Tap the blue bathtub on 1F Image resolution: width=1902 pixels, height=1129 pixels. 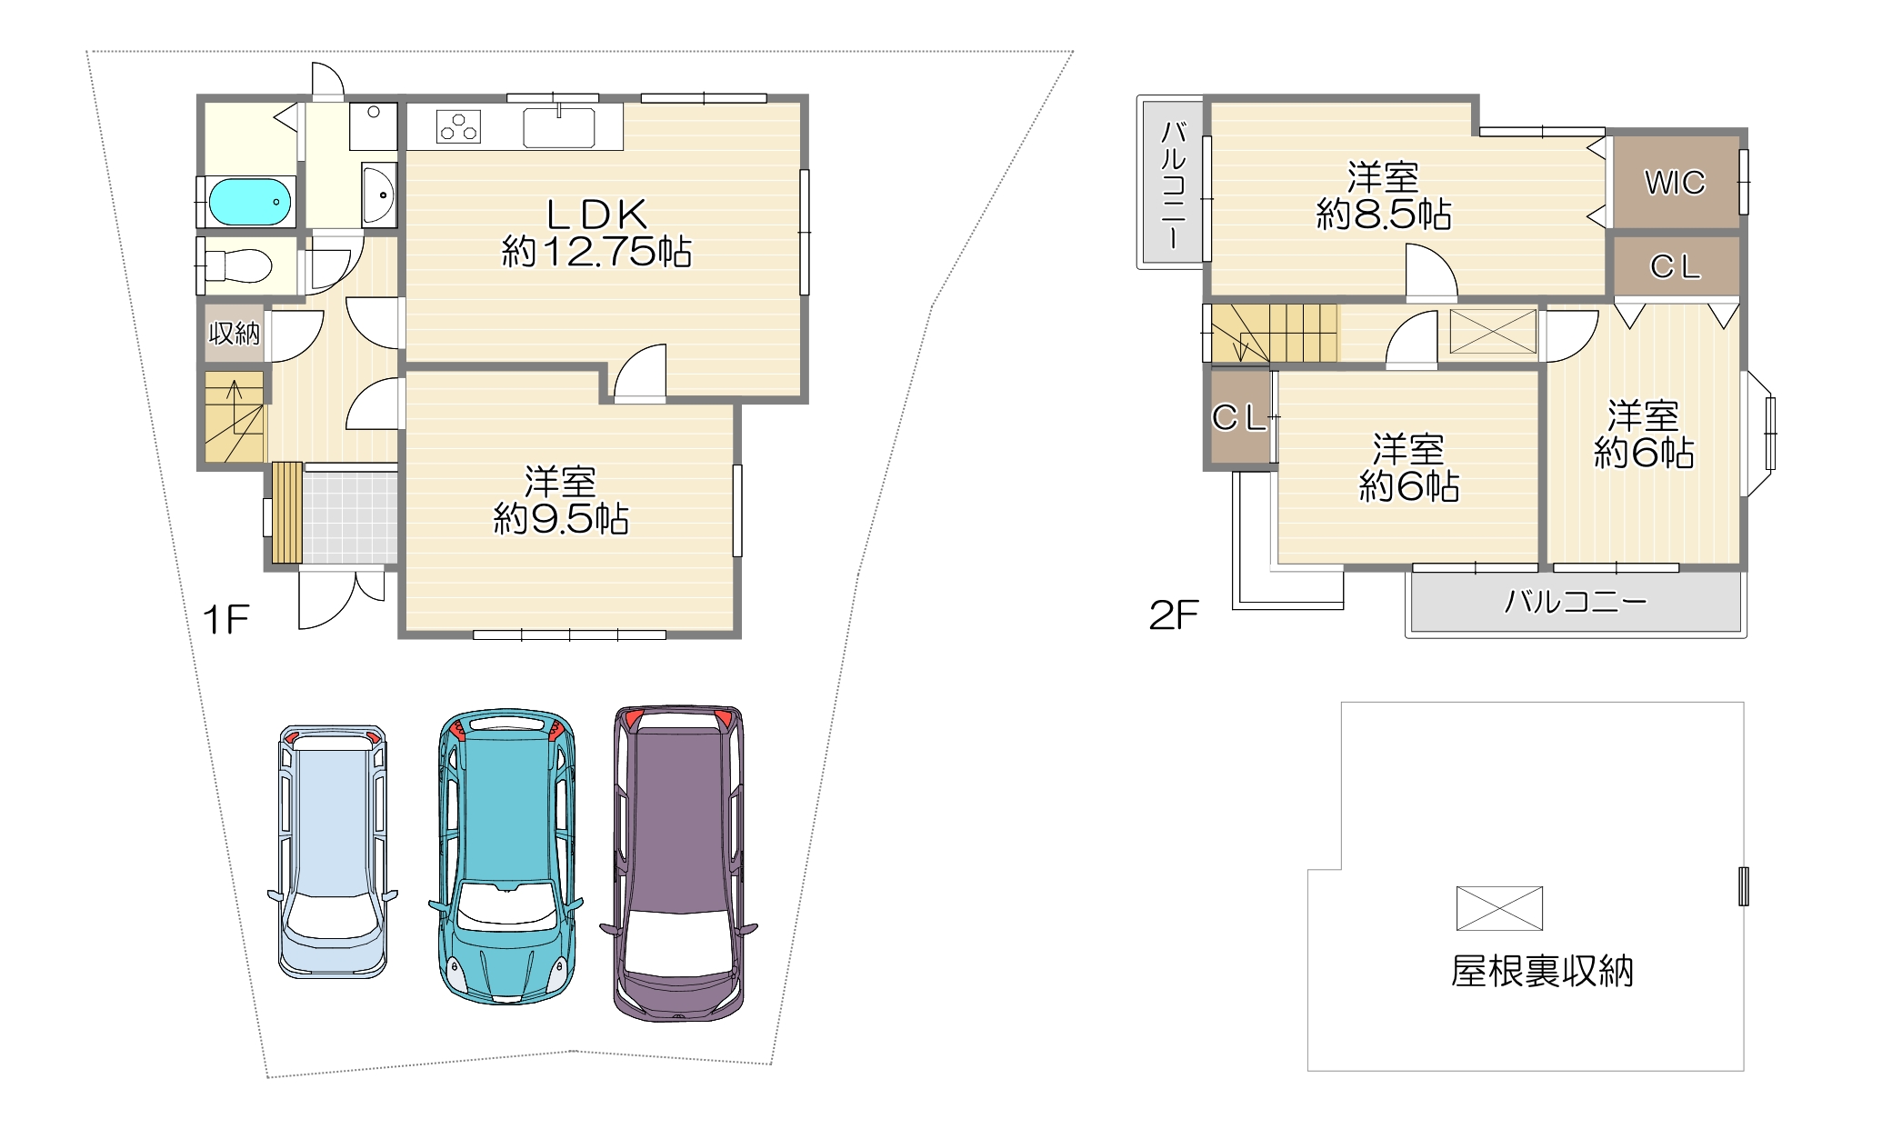(x=250, y=201)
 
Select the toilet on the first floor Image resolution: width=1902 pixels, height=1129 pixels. (x=239, y=265)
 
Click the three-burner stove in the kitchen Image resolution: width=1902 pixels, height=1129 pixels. (x=458, y=126)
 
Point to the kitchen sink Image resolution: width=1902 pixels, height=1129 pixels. (x=559, y=126)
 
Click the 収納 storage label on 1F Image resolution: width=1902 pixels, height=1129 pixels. (x=235, y=334)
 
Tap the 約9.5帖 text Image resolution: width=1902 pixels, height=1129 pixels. (x=561, y=519)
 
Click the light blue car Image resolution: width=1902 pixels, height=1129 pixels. (x=333, y=852)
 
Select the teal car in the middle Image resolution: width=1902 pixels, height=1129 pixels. (x=506, y=856)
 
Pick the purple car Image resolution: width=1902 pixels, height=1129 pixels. (x=678, y=863)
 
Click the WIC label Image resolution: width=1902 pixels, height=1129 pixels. (x=1675, y=183)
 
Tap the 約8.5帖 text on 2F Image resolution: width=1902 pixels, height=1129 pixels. (x=1384, y=215)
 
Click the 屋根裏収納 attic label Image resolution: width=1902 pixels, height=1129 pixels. (x=1542, y=972)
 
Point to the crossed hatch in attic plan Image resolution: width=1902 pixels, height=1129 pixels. (x=1499, y=908)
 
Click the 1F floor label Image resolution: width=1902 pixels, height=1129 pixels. (x=225, y=620)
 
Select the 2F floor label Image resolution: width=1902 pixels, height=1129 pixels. (x=1174, y=615)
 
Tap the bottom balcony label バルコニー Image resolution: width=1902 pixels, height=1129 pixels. (x=1576, y=602)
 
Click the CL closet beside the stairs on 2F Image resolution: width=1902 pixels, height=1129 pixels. (x=1239, y=417)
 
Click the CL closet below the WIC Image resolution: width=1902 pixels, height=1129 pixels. (x=1675, y=266)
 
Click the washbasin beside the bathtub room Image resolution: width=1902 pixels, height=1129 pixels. (x=379, y=194)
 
